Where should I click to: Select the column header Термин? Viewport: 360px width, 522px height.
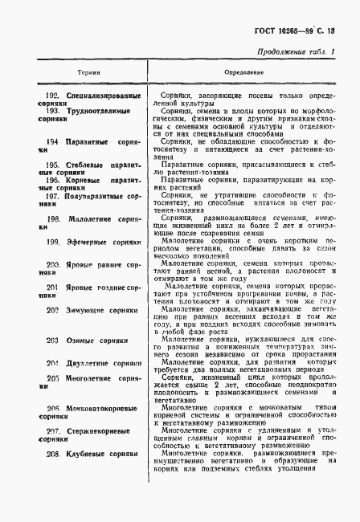click(x=88, y=71)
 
